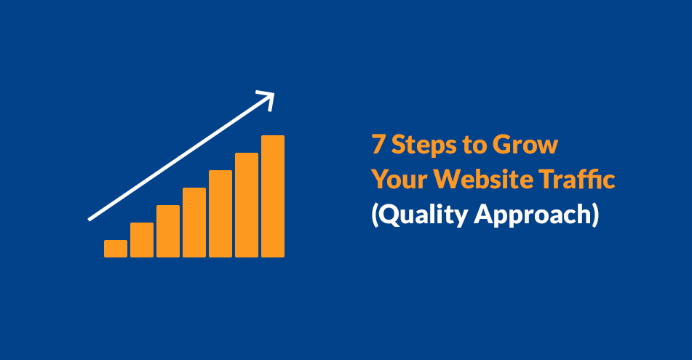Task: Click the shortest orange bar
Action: tap(116, 249)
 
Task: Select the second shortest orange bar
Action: tap(142, 240)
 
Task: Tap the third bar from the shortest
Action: tap(168, 231)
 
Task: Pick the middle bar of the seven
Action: tap(194, 223)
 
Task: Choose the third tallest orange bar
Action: tap(220, 214)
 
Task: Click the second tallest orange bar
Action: tap(247, 205)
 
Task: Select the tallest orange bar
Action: tap(273, 196)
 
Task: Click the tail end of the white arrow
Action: tap(90, 219)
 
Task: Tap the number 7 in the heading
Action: tap(378, 144)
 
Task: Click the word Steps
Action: tap(423, 145)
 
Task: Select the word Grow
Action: tap(525, 144)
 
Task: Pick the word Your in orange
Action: tap(399, 179)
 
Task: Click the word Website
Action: tap(483, 179)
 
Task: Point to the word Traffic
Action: tap(576, 179)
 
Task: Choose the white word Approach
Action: tap(533, 215)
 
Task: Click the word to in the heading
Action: tap(474, 145)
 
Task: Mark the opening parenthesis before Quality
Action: tap(375, 215)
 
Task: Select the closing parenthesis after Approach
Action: tap(595, 215)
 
